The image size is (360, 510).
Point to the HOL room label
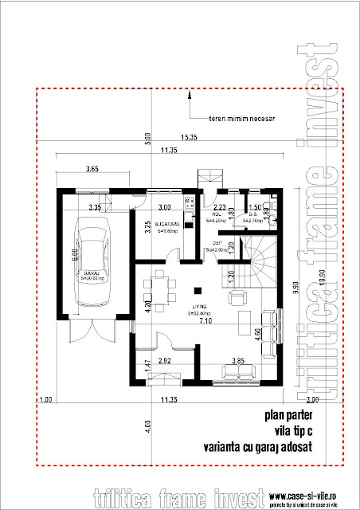tap(216, 212)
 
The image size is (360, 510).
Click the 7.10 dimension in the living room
tap(205, 321)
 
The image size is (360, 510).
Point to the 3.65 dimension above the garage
tap(92, 170)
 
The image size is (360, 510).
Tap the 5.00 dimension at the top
tap(147, 138)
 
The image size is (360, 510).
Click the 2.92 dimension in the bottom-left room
tap(166, 362)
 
